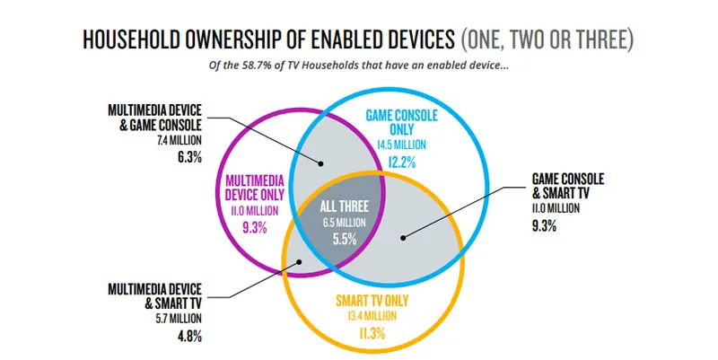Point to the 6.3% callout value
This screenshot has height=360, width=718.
pyautogui.click(x=190, y=154)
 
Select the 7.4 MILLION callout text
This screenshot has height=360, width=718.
pyautogui.click(x=183, y=139)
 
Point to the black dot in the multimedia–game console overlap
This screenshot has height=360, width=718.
pyautogui.click(x=320, y=162)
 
